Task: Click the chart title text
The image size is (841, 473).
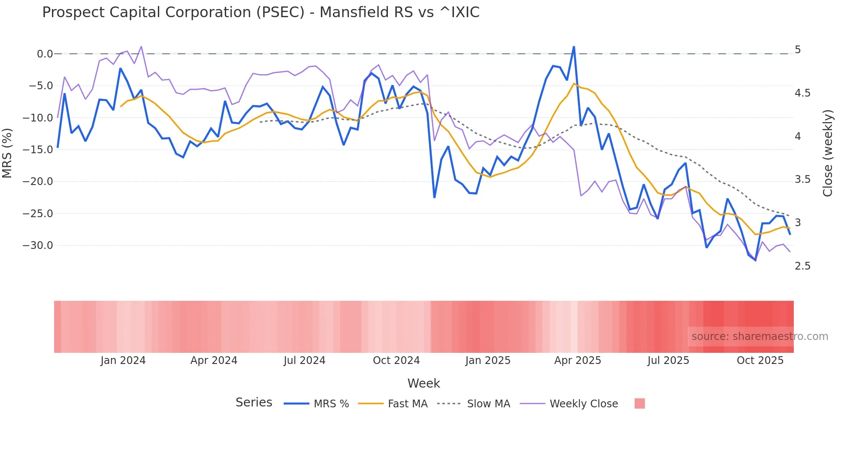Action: point(260,12)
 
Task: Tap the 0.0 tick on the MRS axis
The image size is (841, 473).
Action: point(45,54)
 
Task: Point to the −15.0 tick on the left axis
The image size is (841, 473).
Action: point(38,150)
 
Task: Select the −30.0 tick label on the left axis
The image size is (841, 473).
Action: point(38,246)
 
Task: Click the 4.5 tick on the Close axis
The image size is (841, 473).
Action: point(802,93)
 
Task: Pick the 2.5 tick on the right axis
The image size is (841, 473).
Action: point(802,266)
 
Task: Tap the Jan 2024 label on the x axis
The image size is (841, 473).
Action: point(123,361)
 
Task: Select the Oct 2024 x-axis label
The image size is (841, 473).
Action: point(396,361)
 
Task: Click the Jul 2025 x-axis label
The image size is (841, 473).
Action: point(668,361)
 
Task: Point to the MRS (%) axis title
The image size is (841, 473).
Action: point(7,153)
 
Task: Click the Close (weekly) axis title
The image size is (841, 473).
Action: point(828,153)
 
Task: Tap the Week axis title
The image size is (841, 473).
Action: point(424,383)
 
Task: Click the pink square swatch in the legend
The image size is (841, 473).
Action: point(639,403)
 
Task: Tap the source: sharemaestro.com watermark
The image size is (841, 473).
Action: point(759,337)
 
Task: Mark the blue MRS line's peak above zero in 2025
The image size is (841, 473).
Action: point(574,47)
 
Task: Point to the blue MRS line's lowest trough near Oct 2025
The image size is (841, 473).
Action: point(755,260)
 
